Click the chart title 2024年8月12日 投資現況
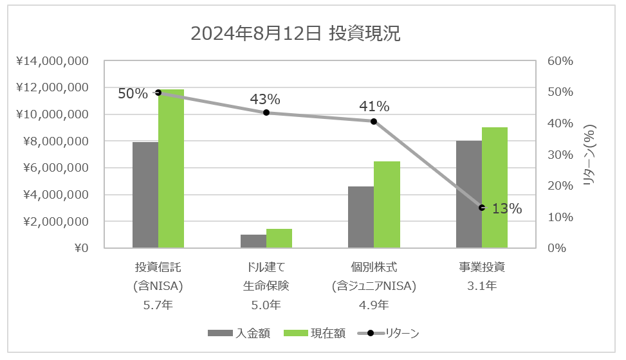click(295, 34)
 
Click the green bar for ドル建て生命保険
click(279, 239)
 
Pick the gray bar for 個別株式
click(361, 217)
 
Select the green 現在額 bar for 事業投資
click(495, 188)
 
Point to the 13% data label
click(506, 209)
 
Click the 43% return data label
click(265, 100)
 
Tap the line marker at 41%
click(374, 121)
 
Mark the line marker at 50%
click(159, 93)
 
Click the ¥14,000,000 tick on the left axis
click(53, 61)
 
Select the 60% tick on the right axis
click(560, 61)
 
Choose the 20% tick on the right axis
click(560, 186)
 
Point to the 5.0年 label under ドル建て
click(266, 305)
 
